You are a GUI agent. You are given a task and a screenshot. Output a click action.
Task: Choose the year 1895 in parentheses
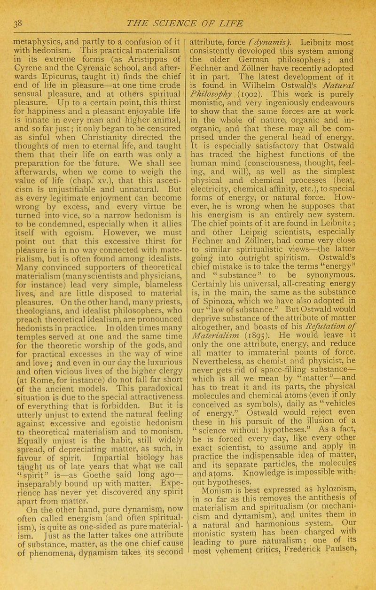pos(266,336)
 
